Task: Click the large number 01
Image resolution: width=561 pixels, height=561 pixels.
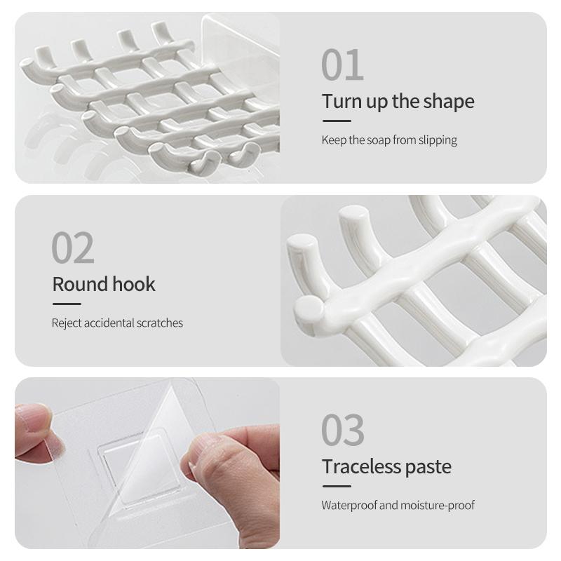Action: (342, 65)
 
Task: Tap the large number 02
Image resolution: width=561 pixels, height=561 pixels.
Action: (73, 248)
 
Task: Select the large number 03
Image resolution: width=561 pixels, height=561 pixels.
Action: (343, 430)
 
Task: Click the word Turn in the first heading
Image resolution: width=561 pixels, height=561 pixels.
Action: (342, 101)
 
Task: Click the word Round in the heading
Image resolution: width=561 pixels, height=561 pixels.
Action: (80, 285)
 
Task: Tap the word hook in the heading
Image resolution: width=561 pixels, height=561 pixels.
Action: (134, 284)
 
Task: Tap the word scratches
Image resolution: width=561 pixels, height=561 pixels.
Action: (160, 323)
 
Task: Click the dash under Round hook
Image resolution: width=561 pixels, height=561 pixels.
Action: (67, 304)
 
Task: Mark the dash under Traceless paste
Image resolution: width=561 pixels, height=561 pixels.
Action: (337, 486)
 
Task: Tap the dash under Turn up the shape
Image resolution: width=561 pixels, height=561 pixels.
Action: (337, 121)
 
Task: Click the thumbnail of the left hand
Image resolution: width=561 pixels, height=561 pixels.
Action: (55, 447)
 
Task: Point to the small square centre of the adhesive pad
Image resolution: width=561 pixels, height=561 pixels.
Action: (139, 468)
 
